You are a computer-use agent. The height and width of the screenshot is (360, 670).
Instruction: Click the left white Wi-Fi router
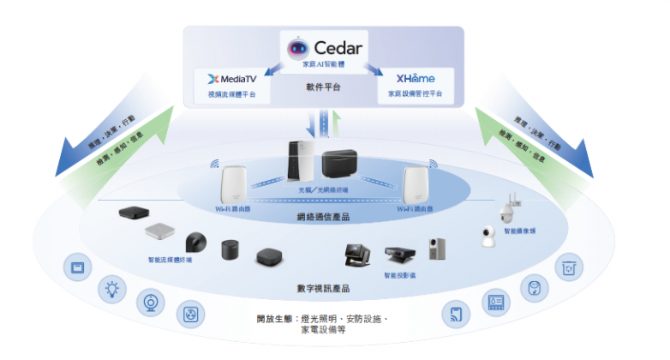pos(231,186)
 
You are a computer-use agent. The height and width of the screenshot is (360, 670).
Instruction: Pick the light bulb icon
pos(111,289)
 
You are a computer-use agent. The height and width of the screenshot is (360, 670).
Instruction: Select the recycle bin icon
pos(568,267)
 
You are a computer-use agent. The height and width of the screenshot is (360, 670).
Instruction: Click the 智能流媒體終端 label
pos(170,259)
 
